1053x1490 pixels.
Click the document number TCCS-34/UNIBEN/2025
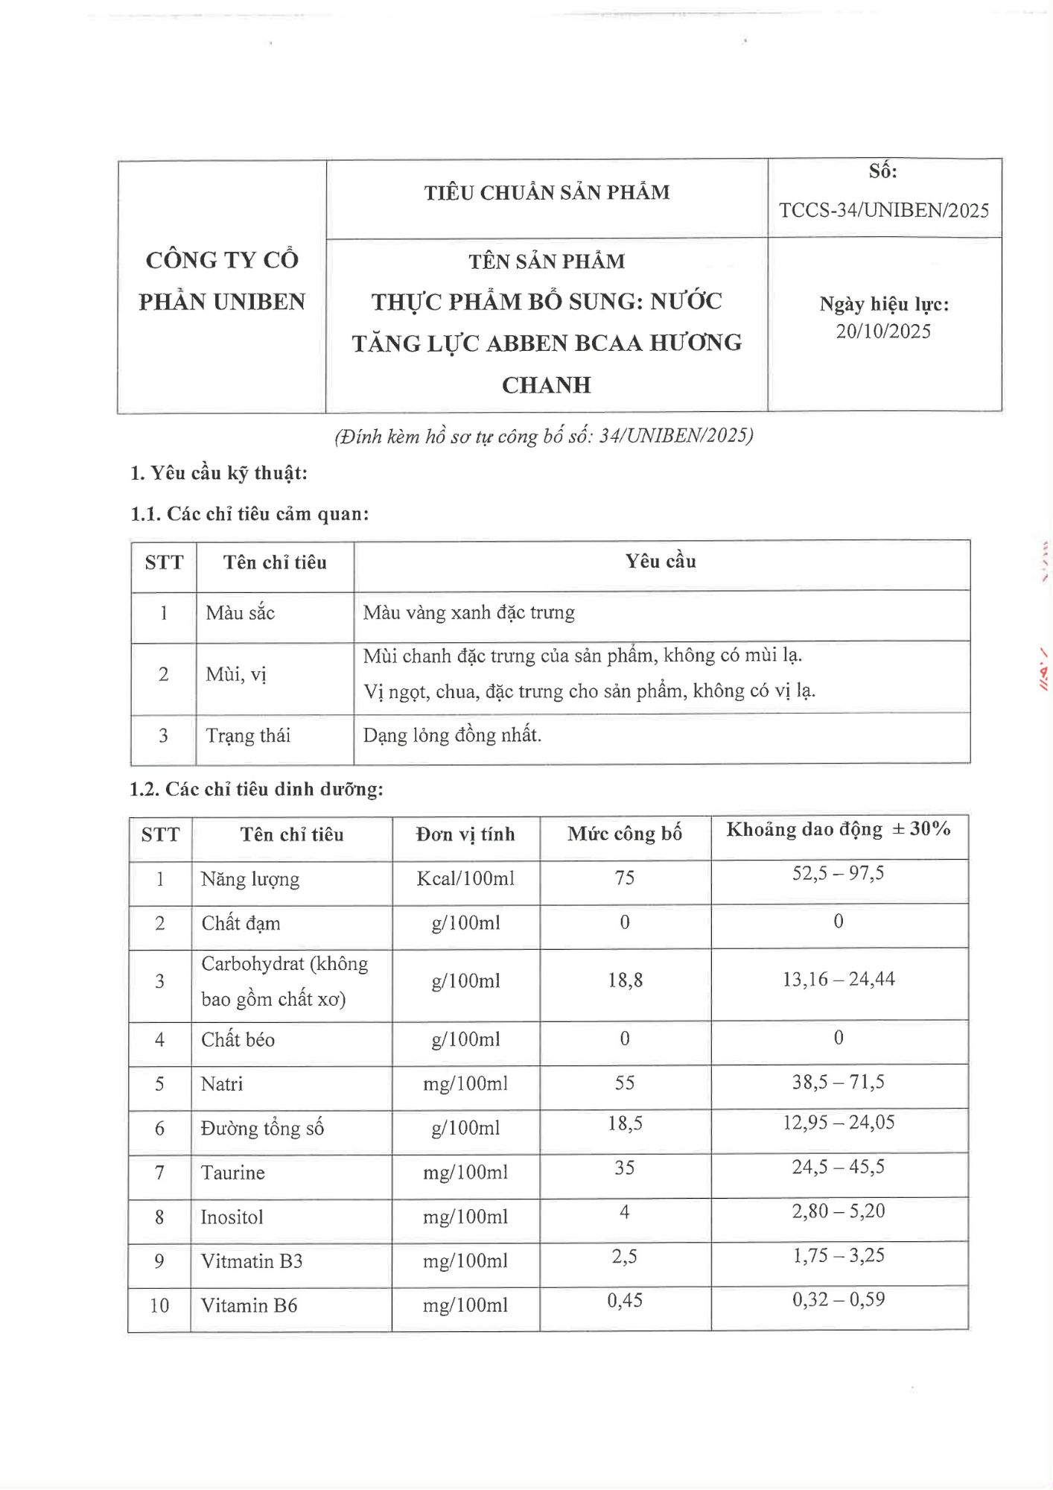pos(884,211)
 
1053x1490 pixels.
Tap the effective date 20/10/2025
pos(883,332)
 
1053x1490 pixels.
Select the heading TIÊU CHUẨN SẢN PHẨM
pos(547,193)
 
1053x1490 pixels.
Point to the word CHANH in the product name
pos(547,385)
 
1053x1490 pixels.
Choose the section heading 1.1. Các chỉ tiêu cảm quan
pos(249,514)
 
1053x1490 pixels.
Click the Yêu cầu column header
pos(661,562)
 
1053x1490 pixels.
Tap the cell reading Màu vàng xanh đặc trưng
pos(468,613)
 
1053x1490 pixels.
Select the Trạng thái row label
pos(248,736)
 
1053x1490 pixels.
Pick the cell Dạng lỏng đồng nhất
pos(452,735)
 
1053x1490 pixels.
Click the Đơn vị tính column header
pos(465,834)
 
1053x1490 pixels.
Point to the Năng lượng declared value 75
pos(625,878)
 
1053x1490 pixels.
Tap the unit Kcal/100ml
pos(465,879)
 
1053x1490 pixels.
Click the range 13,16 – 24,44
pos(839,980)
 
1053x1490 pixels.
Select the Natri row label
pos(222,1084)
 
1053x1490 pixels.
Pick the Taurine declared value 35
pos(625,1168)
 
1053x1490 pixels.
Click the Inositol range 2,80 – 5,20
pos(839,1211)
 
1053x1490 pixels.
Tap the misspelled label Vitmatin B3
pos(252,1261)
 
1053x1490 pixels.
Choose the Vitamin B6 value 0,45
pos(625,1301)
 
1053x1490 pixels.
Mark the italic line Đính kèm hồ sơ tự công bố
pos(544,437)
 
